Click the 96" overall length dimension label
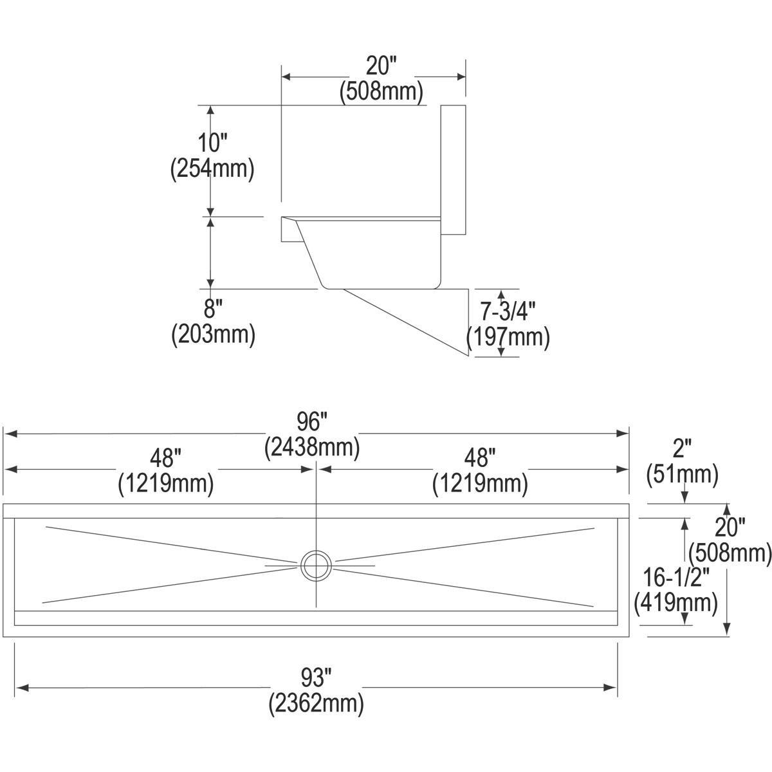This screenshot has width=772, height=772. tap(313, 423)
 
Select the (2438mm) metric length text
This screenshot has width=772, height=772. tap(313, 446)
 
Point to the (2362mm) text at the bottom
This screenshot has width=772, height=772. tap(317, 703)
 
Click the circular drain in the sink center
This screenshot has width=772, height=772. tap(316, 565)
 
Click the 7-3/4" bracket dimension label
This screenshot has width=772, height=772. tap(508, 312)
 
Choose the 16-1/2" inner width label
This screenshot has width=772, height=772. tap(675, 577)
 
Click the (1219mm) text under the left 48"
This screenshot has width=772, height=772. tap(165, 483)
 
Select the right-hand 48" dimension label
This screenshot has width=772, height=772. tap(480, 459)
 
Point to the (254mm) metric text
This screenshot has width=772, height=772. tap(212, 169)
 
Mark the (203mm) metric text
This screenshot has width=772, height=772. tap(213, 335)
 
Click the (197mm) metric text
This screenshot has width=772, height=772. tap(508, 337)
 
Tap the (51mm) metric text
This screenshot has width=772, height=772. tap(683, 475)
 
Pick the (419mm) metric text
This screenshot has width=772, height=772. tap(675, 603)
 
